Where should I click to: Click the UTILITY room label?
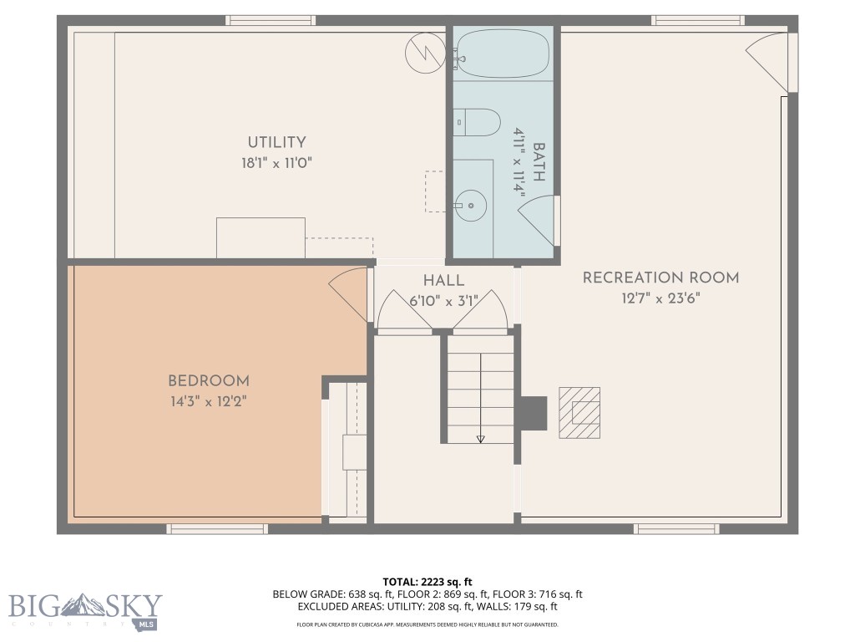(x=276, y=143)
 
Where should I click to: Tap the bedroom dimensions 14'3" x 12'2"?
(x=208, y=402)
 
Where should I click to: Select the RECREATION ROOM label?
(x=660, y=278)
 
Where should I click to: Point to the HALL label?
(x=443, y=281)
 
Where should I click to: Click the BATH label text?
(x=539, y=162)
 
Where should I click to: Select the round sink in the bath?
(x=472, y=203)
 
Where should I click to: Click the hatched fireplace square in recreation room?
(x=579, y=411)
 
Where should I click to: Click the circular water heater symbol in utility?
(x=422, y=52)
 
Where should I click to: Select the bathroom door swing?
(x=539, y=219)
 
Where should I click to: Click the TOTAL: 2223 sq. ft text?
(x=427, y=581)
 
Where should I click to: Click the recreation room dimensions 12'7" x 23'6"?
(x=660, y=298)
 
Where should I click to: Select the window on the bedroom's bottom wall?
(x=217, y=528)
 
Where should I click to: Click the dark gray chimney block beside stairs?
(x=533, y=412)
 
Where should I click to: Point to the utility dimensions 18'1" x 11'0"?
(x=276, y=163)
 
